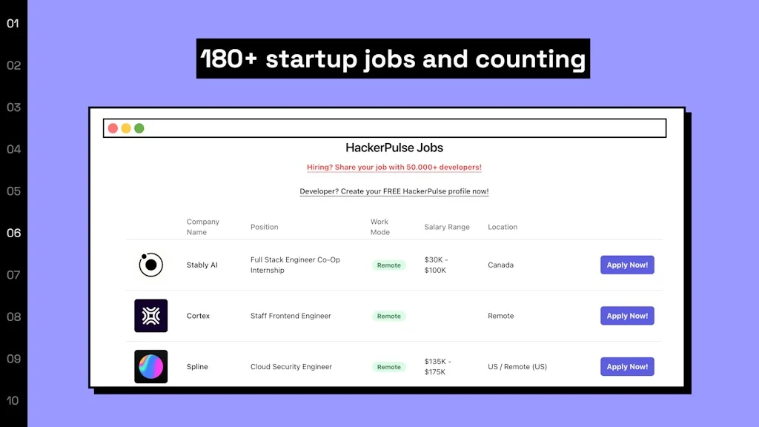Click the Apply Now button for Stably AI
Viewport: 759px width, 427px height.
[627, 265]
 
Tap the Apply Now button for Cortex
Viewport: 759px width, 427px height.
[627, 316]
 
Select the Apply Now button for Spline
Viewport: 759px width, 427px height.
[627, 366]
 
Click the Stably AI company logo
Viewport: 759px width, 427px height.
[151, 265]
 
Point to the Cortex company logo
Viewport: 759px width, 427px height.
[151, 316]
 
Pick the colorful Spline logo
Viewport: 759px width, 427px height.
[151, 366]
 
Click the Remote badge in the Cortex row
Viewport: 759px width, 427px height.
[388, 316]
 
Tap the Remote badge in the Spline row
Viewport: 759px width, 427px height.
[388, 367]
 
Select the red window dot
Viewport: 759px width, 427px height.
[113, 128]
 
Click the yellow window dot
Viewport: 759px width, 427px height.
[126, 128]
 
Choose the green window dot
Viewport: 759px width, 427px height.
[139, 128]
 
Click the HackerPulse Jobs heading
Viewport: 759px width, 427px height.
[394, 148]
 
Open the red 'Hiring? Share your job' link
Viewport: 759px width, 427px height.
[394, 168]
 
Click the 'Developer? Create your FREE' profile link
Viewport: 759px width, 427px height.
[394, 191]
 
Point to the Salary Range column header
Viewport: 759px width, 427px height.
[447, 227]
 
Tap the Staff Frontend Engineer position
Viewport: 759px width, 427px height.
[291, 316]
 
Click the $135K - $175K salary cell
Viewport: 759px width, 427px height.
[438, 366]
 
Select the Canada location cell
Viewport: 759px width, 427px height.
[500, 265]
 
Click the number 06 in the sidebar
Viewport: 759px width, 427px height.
[13, 233]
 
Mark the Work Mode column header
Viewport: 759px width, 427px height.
[380, 227]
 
